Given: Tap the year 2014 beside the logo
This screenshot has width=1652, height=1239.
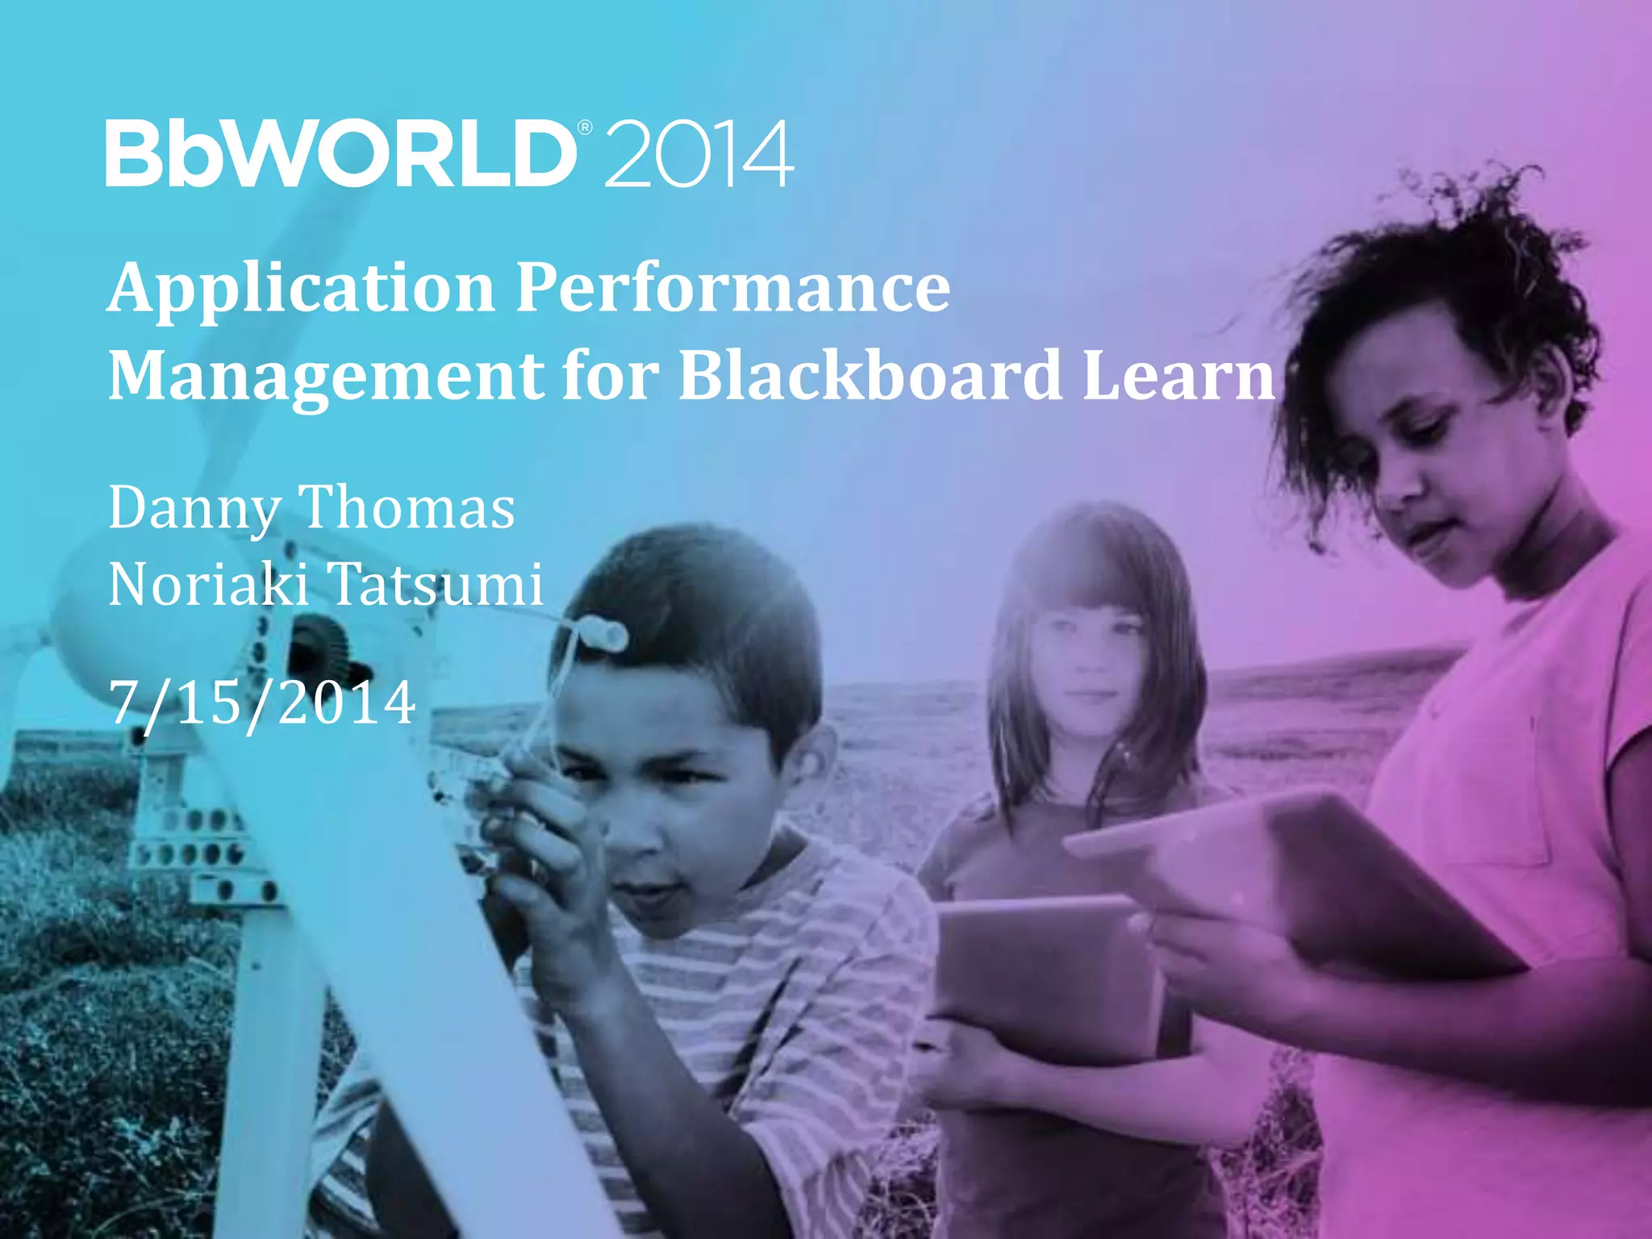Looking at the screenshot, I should (698, 155).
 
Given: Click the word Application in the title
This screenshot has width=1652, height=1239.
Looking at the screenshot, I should (301, 288).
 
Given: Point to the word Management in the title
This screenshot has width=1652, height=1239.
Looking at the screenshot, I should (327, 375).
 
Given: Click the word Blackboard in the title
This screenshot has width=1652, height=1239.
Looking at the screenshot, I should (870, 375).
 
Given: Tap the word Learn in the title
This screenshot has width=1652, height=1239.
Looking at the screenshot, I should (1178, 375).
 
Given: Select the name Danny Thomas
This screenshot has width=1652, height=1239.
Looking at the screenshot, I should (311, 508).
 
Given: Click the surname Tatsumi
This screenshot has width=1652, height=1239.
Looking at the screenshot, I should (436, 584).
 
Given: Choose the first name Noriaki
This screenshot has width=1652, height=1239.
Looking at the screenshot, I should (208, 584).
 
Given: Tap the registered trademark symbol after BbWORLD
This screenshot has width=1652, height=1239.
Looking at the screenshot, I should (586, 127).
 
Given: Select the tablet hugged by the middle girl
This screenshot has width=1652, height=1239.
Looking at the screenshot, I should (1049, 976).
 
